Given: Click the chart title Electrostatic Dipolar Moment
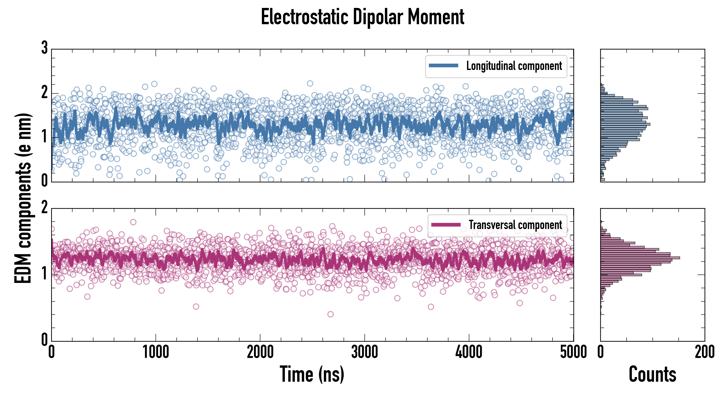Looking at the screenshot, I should click(x=362, y=17).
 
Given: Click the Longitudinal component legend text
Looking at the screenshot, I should click(x=514, y=66).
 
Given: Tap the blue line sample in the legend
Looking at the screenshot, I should click(x=443, y=66).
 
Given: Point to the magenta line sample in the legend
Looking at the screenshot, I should click(x=446, y=225).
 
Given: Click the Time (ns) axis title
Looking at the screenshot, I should click(x=312, y=374).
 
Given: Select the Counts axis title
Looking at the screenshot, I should click(x=652, y=374).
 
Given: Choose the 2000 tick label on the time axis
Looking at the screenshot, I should click(x=260, y=352).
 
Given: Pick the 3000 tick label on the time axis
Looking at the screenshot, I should click(x=364, y=352).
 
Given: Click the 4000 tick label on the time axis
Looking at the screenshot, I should click(x=469, y=352).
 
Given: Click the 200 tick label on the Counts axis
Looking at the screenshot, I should click(x=704, y=352).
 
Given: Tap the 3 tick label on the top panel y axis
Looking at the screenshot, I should click(x=44, y=48).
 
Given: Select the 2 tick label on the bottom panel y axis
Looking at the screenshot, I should click(x=44, y=208).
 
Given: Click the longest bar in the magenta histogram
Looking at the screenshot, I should click(x=640, y=258).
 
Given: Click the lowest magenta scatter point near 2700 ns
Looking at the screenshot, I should click(x=330, y=314).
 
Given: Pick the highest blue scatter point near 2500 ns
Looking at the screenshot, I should click(x=310, y=83).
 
